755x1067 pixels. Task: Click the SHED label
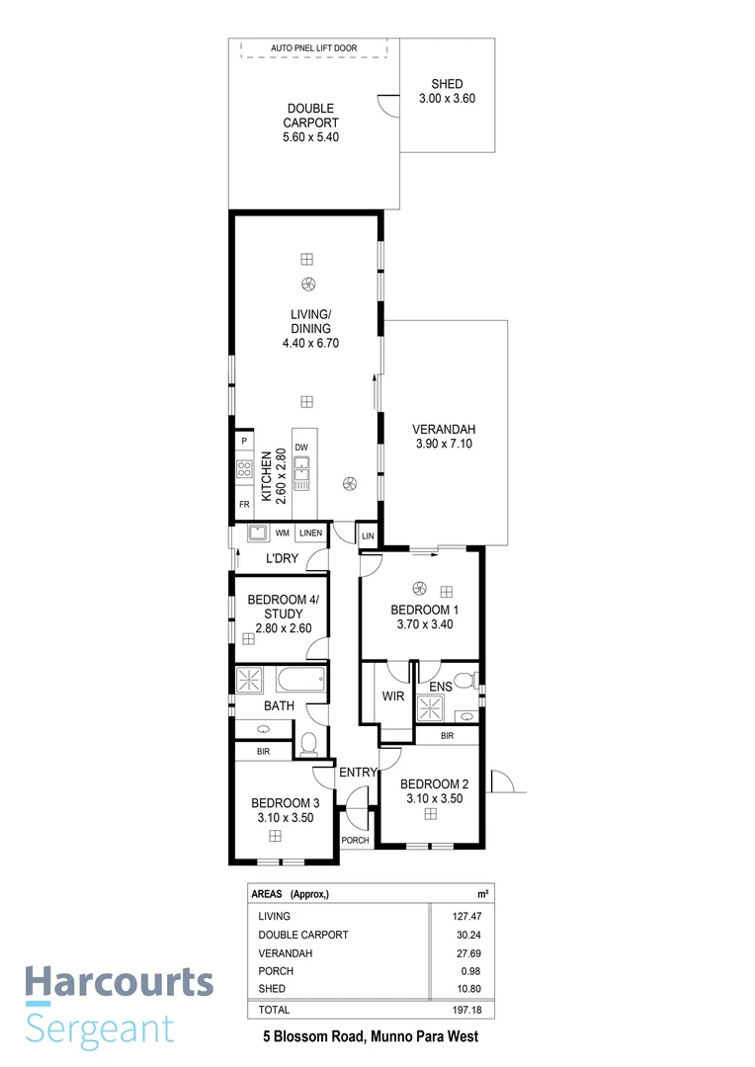[447, 85]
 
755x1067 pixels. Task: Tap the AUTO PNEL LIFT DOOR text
[313, 47]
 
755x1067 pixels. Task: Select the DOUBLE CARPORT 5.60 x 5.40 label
[310, 123]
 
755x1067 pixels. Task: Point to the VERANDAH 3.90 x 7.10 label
[445, 437]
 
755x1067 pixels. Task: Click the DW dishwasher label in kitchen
[301, 447]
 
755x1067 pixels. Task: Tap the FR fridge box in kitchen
[243, 504]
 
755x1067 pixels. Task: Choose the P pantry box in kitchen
[243, 441]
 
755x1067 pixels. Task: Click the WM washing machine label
[282, 533]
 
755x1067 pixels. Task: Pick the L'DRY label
[282, 559]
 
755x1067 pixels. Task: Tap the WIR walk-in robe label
[392, 696]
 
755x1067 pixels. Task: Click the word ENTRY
[358, 773]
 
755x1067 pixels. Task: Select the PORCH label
[355, 840]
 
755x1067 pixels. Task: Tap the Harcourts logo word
[120, 983]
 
